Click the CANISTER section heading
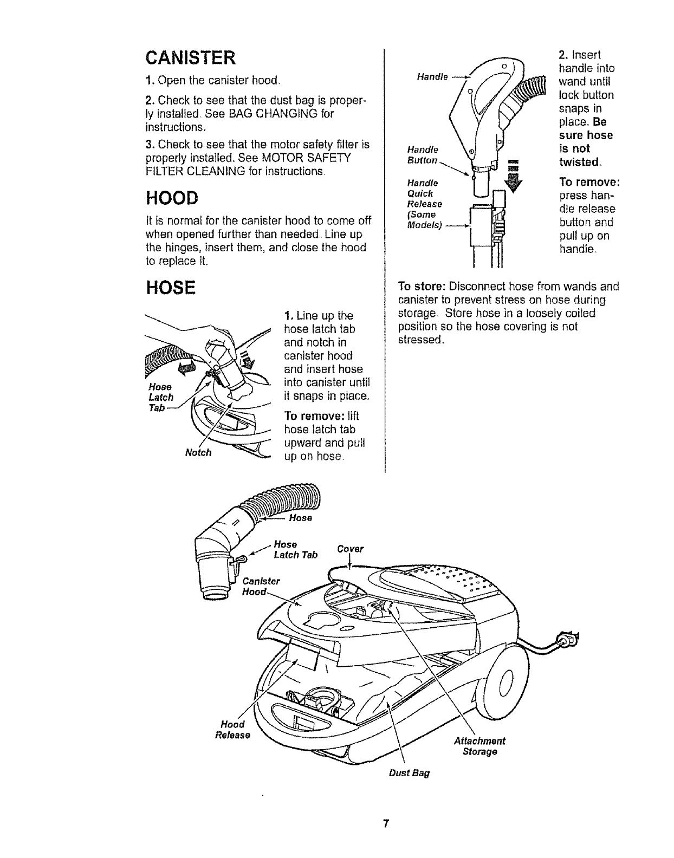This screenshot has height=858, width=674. click(190, 57)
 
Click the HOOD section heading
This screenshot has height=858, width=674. click(171, 198)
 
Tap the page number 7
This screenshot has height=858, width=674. click(385, 824)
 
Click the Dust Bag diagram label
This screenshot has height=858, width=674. click(409, 773)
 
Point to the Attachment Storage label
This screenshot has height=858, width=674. click(479, 746)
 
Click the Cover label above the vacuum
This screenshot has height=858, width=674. click(350, 549)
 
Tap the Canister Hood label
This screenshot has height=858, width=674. click(261, 586)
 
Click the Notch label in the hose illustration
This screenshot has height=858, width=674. click(198, 452)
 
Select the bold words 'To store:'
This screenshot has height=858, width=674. click(422, 287)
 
